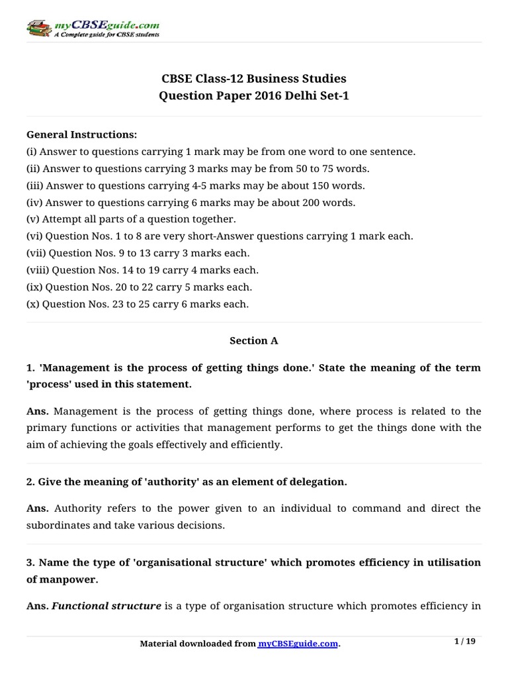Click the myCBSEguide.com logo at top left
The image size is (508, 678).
click(93, 28)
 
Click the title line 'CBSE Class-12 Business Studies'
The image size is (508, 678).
click(253, 79)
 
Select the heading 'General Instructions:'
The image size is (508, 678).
click(81, 134)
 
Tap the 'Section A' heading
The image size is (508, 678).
click(253, 340)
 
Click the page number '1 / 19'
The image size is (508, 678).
click(466, 641)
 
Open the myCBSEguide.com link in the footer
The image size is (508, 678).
click(298, 644)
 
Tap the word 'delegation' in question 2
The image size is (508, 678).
click(317, 482)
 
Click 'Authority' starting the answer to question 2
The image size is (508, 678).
click(75, 508)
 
